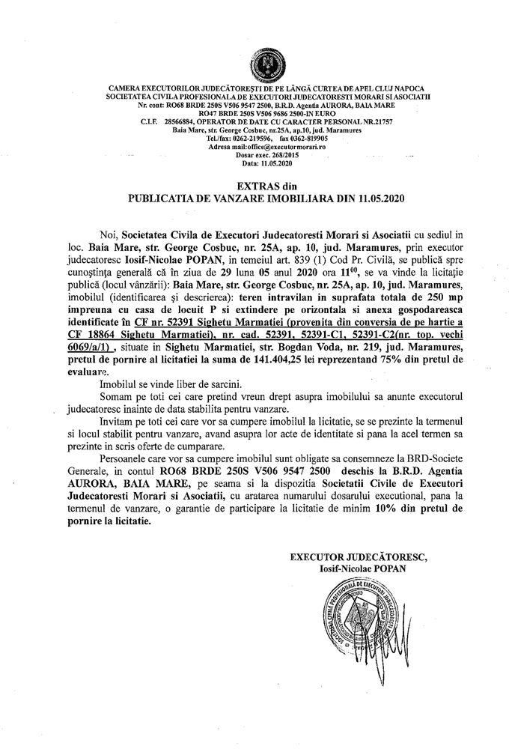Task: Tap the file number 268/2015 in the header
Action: pos(282,156)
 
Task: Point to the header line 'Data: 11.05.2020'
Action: pos(269,163)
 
